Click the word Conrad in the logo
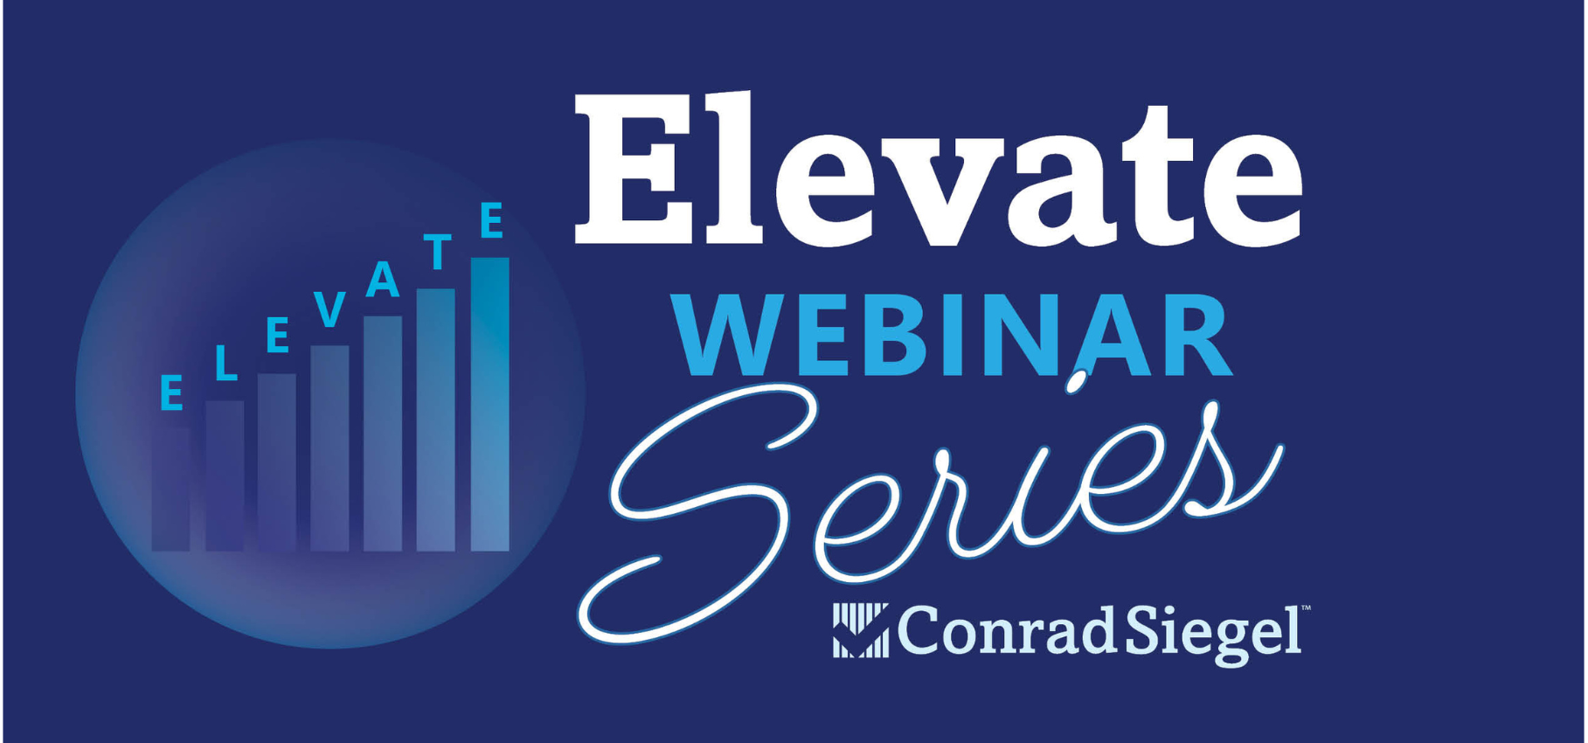(x=1005, y=631)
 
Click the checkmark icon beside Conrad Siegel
(x=860, y=630)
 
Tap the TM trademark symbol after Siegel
(x=1306, y=608)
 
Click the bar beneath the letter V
(x=329, y=448)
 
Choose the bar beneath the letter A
(x=383, y=433)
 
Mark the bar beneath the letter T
(x=435, y=420)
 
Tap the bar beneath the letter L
(x=225, y=476)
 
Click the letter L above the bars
(x=225, y=363)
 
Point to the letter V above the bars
(x=329, y=309)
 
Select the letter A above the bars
(x=383, y=280)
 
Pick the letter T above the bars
(x=437, y=252)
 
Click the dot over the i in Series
(x=1077, y=381)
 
